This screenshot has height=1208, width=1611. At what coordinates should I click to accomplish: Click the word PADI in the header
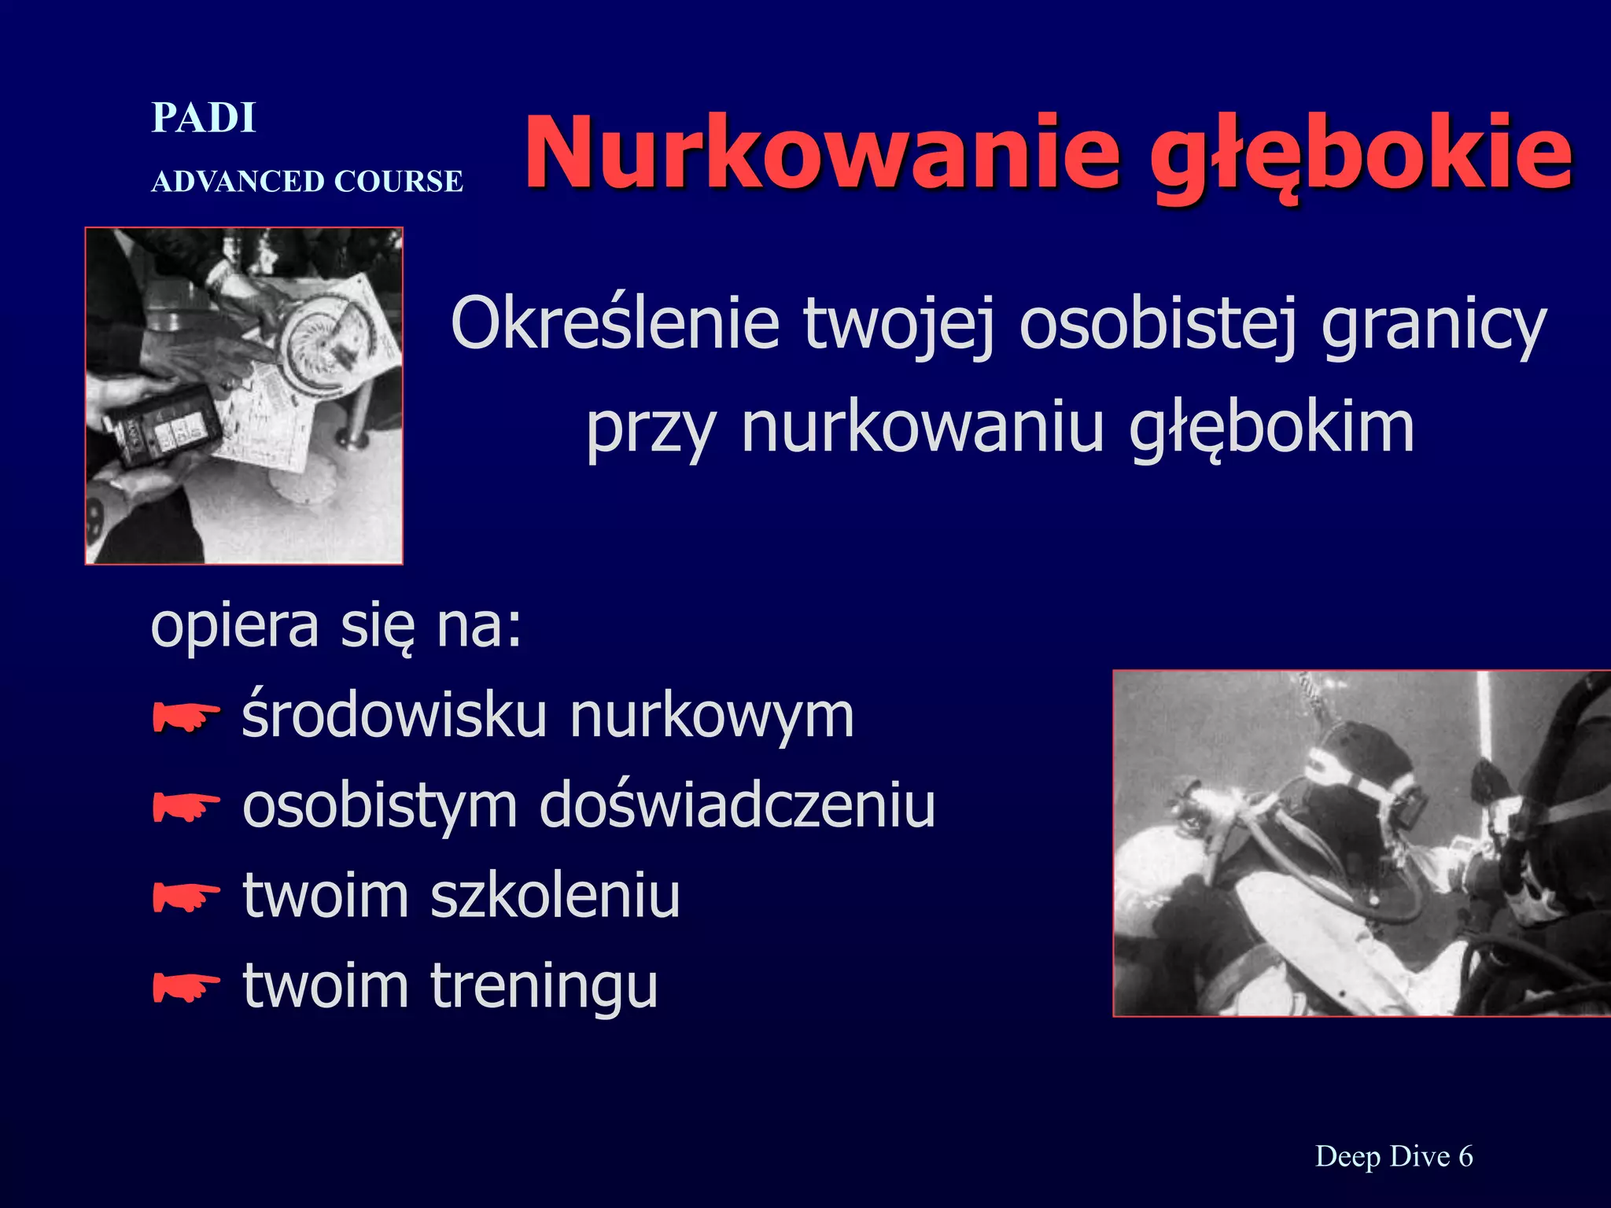[x=204, y=119]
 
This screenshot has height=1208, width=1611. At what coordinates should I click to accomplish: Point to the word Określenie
[x=614, y=325]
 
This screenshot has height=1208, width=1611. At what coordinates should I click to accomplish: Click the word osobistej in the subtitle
[x=1157, y=325]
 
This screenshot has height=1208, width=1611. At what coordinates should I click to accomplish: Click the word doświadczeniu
[x=737, y=805]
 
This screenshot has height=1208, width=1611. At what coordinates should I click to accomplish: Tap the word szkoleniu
[x=555, y=897]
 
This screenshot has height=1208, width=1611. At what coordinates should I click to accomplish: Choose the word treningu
[x=544, y=987]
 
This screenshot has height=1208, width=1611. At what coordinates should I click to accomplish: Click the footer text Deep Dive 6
[x=1394, y=1157]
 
